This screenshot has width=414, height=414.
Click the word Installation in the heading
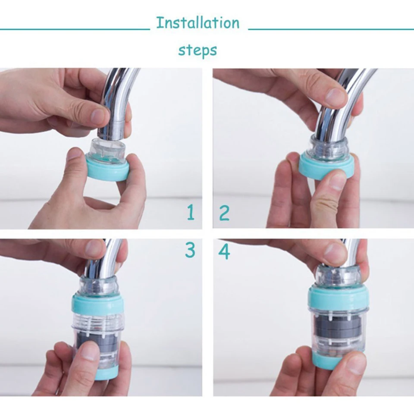(x=198, y=23)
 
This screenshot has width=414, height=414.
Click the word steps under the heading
(x=198, y=50)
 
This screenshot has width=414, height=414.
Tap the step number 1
(x=191, y=213)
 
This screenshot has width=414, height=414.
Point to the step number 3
(x=190, y=250)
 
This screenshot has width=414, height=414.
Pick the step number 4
(x=224, y=252)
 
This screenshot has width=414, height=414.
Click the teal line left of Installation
(x=75, y=29)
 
